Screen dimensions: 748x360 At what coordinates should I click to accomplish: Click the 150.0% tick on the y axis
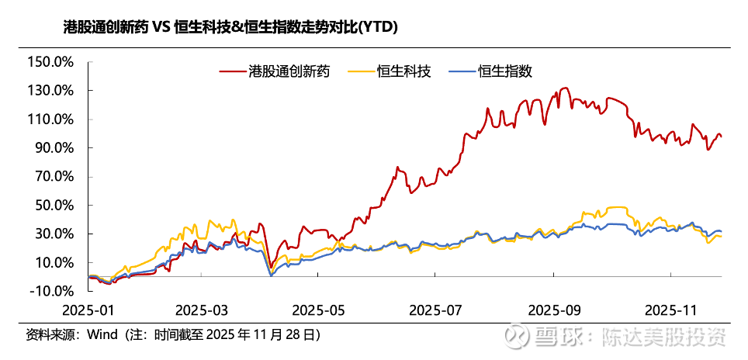point(49,62)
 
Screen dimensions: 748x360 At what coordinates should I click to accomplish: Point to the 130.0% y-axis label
point(49,91)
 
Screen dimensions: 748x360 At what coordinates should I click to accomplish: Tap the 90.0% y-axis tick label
point(53,148)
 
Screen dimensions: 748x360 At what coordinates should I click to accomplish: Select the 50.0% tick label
point(53,206)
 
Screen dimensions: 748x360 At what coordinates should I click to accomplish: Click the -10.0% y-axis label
point(50,292)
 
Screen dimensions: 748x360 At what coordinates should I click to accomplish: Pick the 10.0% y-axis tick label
point(53,263)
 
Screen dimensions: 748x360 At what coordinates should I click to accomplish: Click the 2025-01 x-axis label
point(89,310)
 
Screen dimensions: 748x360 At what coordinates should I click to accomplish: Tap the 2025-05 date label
point(318,310)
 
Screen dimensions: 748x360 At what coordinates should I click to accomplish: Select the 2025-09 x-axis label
point(554,310)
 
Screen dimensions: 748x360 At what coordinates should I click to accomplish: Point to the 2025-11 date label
point(670,310)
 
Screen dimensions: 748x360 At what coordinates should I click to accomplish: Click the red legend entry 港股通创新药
point(275,72)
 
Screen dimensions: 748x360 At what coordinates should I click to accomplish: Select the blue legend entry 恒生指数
point(491,72)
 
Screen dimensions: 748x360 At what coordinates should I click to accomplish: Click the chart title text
point(230,28)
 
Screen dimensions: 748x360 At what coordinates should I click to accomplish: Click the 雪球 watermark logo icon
point(516,336)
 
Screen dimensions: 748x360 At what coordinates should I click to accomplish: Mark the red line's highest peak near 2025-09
point(565,88)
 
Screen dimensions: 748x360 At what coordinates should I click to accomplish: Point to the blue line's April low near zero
point(271,275)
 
